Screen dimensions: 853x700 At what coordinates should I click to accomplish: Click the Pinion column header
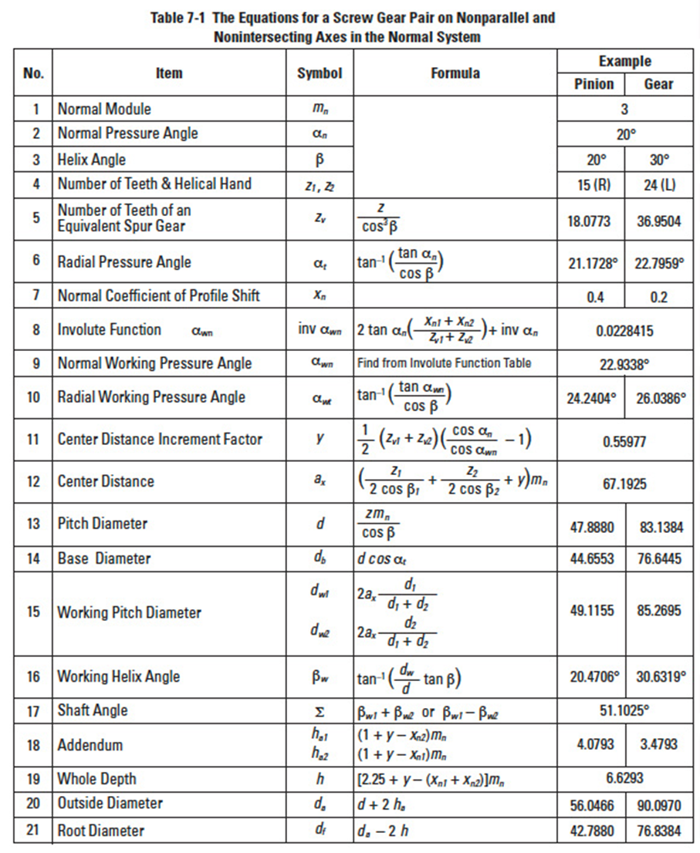(594, 84)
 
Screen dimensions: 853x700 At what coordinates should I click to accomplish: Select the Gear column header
(658, 84)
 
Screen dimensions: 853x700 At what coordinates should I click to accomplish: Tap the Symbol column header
(320, 73)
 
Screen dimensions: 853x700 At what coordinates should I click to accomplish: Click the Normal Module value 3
(625, 109)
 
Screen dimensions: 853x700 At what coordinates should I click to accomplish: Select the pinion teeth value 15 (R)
(594, 184)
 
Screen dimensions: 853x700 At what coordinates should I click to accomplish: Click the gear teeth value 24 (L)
(658, 184)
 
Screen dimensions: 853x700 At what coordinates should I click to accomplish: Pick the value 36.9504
(658, 221)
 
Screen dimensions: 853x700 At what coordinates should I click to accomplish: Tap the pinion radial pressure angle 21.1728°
(594, 262)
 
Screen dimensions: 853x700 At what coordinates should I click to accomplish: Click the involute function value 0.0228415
(625, 330)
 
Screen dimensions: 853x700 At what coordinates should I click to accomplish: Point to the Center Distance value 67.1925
(625, 484)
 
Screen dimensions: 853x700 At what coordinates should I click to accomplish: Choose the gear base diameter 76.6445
(658, 558)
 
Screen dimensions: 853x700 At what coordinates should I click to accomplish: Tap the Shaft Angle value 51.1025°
(625, 710)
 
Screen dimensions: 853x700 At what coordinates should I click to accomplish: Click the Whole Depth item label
(96, 779)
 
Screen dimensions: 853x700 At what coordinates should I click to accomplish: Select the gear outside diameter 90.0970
(658, 806)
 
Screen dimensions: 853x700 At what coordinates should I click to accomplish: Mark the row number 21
(32, 831)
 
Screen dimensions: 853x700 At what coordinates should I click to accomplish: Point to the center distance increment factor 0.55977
(625, 442)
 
